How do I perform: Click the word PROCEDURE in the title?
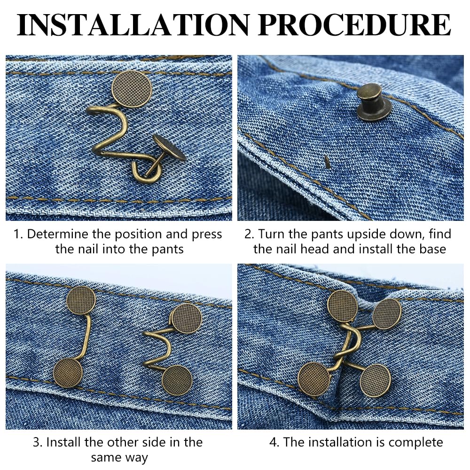pos(355,26)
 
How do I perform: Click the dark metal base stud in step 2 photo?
pos(374,102)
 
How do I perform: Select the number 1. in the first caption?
pos(18,235)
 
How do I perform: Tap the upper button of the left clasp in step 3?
pos(81,300)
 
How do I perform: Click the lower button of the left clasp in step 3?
pos(68,373)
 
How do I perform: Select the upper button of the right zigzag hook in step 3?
pos(186,318)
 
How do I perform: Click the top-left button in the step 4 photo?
pos(343,306)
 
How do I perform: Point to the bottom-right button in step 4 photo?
pos(375,380)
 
